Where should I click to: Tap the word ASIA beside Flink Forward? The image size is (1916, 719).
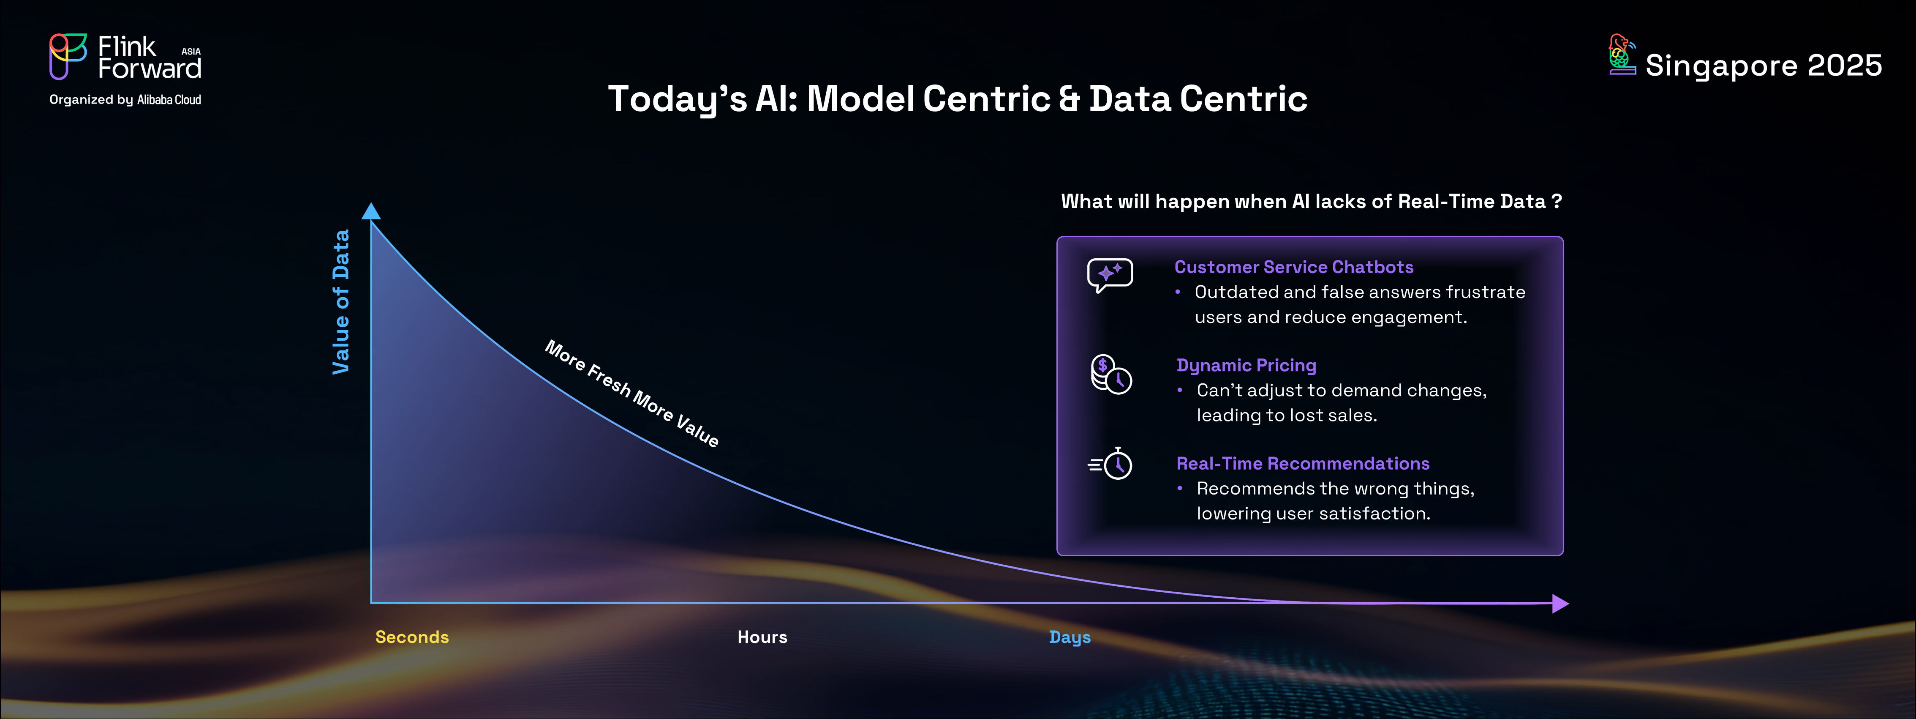(191, 52)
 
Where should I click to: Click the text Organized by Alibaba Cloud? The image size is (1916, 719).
(125, 100)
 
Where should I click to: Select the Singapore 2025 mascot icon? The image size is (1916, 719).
(1622, 55)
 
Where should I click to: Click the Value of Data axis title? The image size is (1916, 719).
(340, 301)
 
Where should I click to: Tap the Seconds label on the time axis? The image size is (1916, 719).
(412, 637)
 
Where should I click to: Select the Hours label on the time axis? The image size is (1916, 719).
(762, 637)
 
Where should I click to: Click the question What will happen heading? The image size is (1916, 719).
(1311, 202)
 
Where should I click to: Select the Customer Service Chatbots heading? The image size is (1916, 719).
(1293, 267)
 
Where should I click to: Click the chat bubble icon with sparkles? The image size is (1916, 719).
(1110, 275)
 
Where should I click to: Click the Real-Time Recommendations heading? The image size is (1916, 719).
(1302, 464)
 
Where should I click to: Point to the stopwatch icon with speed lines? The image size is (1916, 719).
(1110, 464)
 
